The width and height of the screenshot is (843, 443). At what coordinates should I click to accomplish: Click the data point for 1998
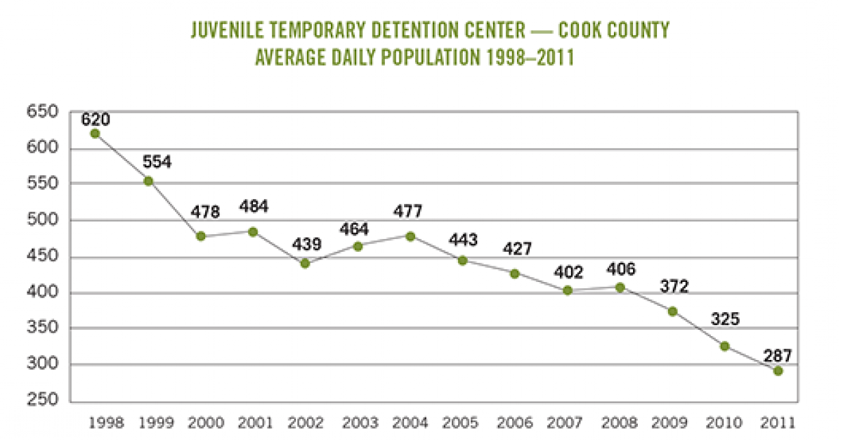point(96,134)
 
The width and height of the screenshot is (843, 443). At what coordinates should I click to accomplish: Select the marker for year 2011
point(778,371)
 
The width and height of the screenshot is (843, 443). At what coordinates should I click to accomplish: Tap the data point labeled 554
point(148,181)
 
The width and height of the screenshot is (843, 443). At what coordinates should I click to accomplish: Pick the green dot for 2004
point(410,236)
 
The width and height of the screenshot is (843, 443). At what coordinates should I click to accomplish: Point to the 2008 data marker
point(620,287)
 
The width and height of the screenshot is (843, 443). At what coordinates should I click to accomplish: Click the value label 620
point(96,119)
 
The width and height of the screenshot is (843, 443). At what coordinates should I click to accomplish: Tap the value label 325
point(724,319)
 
